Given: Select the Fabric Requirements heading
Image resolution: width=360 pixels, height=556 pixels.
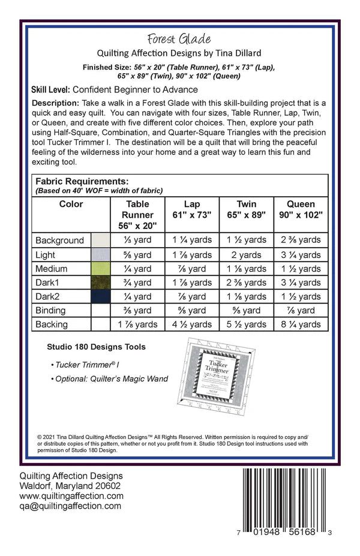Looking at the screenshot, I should coord(82,181).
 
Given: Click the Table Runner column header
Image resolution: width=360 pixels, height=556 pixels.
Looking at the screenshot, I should coord(138,215).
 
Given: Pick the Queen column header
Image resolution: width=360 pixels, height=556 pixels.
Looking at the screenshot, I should coord(301,209).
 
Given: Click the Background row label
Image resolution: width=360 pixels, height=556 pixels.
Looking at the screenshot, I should coord(59,241).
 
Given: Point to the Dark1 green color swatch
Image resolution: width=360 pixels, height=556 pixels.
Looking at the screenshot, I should coord(100,282).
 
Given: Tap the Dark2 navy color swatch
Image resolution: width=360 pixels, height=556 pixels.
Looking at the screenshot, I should coord(100,296).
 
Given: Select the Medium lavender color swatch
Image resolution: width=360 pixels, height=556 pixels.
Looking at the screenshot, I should coord(100,269).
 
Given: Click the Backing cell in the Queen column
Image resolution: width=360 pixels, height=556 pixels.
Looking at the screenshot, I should coord(301,324).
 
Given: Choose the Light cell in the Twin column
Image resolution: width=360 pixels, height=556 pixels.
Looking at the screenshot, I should coord(247,255).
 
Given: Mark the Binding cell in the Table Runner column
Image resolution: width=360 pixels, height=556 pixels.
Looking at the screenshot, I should coord(138,311).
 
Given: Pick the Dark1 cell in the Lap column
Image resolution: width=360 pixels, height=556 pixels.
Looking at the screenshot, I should coord(192,282).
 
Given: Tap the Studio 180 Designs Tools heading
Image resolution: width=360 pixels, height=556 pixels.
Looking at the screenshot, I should coord(96,347).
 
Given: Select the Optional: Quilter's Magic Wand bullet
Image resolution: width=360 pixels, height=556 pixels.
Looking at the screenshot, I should coord(110,378).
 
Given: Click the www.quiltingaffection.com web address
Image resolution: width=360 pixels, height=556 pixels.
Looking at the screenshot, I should coord(71,496).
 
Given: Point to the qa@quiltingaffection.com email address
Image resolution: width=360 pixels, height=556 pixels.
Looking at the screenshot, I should coord(70,506).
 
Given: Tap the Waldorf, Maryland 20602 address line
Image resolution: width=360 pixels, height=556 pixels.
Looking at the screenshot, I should coord(70,486).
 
